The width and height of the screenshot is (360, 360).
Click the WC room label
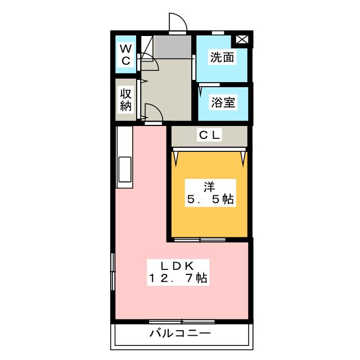[x=125, y=53]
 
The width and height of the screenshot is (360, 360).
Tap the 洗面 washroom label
[x=222, y=57]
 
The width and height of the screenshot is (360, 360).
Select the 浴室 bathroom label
[x=223, y=102]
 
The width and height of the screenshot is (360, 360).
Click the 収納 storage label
[x=125, y=100]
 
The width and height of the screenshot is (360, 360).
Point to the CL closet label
[x=209, y=135]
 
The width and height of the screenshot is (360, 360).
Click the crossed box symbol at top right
[x=242, y=39]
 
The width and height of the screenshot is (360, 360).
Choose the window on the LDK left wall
[x=113, y=267]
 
